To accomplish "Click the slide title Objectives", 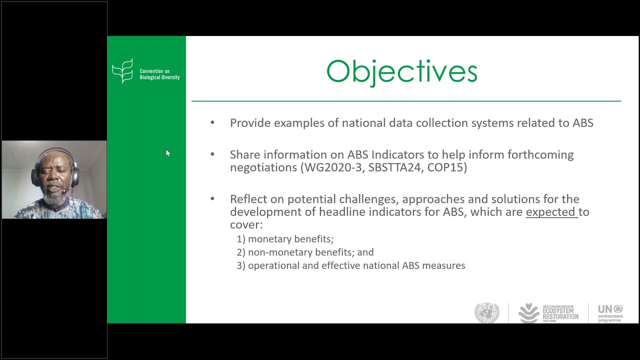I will tap(401, 71).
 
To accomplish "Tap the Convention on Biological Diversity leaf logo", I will tap(122, 70).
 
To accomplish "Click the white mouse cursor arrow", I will tap(168, 153).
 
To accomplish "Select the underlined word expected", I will tap(550, 212).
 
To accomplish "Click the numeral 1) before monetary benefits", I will tap(241, 239).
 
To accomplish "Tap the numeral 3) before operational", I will tap(241, 266).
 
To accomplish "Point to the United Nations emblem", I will tap(486, 313).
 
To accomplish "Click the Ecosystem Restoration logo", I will tap(548, 313).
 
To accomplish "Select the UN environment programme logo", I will tap(610, 313).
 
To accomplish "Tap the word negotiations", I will tap(263, 167).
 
